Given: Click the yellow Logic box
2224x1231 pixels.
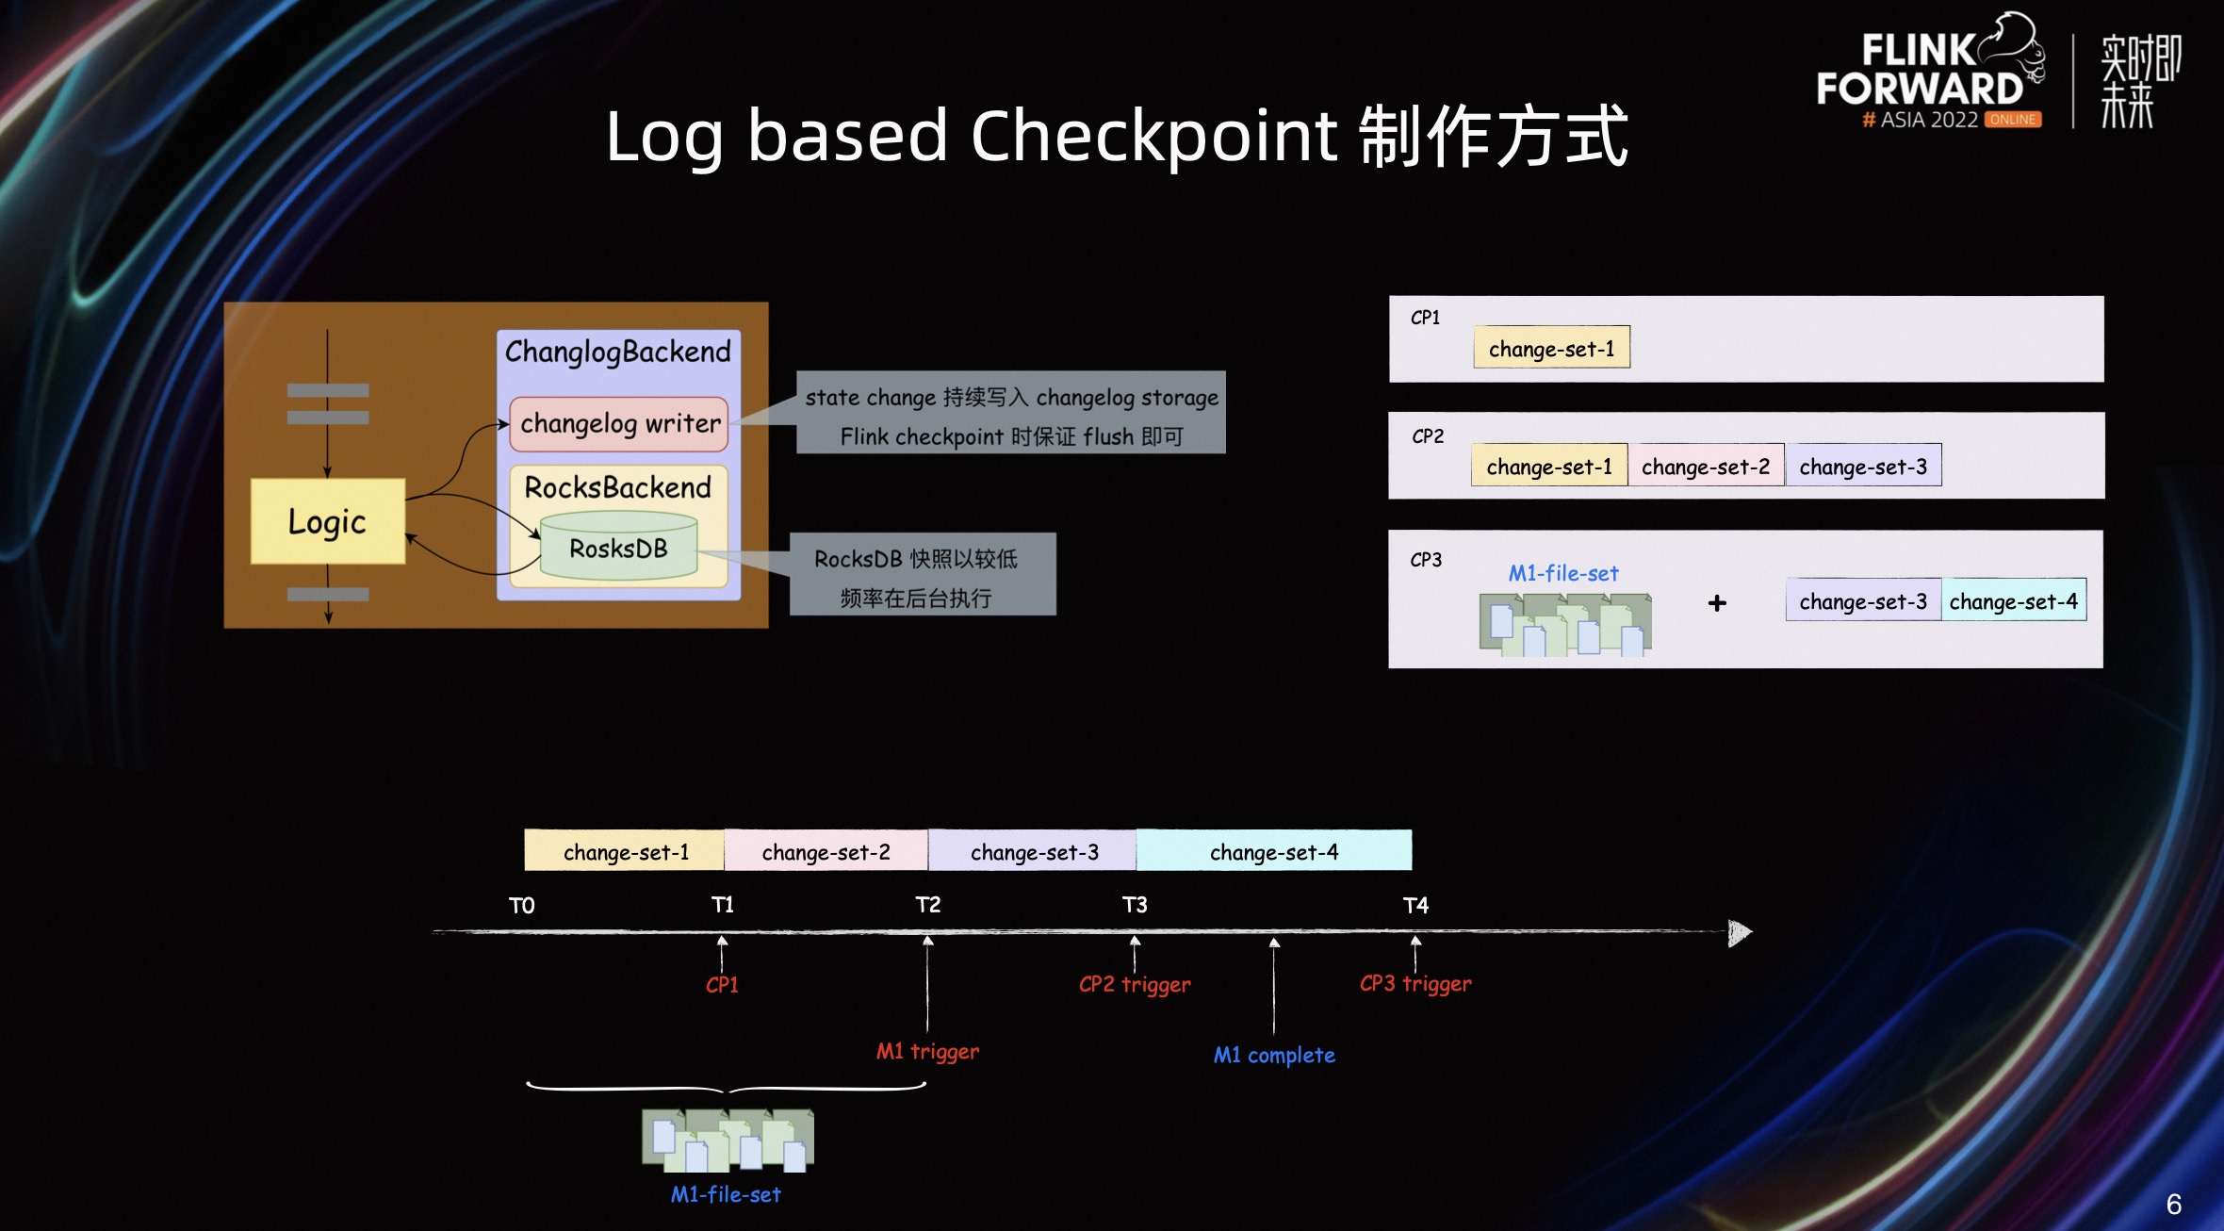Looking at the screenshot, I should pyautogui.click(x=327, y=521).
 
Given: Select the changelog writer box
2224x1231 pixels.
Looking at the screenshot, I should pyautogui.click(x=619, y=423).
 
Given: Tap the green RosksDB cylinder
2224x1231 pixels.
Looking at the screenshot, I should pyautogui.click(x=618, y=548).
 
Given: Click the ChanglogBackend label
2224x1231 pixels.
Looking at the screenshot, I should pyautogui.click(x=617, y=352).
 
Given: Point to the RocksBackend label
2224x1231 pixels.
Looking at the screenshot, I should pyautogui.click(x=617, y=487).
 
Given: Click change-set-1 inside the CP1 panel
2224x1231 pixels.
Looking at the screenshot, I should pyautogui.click(x=1551, y=348).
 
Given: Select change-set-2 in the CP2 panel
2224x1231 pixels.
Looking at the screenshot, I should pyautogui.click(x=1705, y=466).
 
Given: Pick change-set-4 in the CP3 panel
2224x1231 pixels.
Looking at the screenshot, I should pyautogui.click(x=2013, y=600).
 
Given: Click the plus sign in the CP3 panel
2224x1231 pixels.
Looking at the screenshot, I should pyautogui.click(x=1717, y=603).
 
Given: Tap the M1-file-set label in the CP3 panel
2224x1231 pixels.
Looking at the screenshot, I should pyautogui.click(x=1562, y=573).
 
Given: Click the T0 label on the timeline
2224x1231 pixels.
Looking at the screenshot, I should pyautogui.click(x=521, y=906).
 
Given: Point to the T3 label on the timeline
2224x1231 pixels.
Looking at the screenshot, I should pyautogui.click(x=1135, y=905).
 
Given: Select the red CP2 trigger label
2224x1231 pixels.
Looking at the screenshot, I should pyautogui.click(x=1135, y=984).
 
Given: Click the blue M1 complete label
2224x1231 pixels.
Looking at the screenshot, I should pyautogui.click(x=1274, y=1055).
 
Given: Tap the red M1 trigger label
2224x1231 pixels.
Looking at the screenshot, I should pyautogui.click(x=927, y=1051).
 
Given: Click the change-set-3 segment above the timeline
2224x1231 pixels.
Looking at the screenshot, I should pyautogui.click(x=1034, y=851).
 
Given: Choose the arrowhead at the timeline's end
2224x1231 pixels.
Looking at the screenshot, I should pyautogui.click(x=1740, y=932).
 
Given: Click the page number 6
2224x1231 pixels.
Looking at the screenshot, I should pyautogui.click(x=2173, y=1204).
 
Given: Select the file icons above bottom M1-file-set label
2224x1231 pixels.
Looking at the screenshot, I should pyautogui.click(x=728, y=1140).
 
